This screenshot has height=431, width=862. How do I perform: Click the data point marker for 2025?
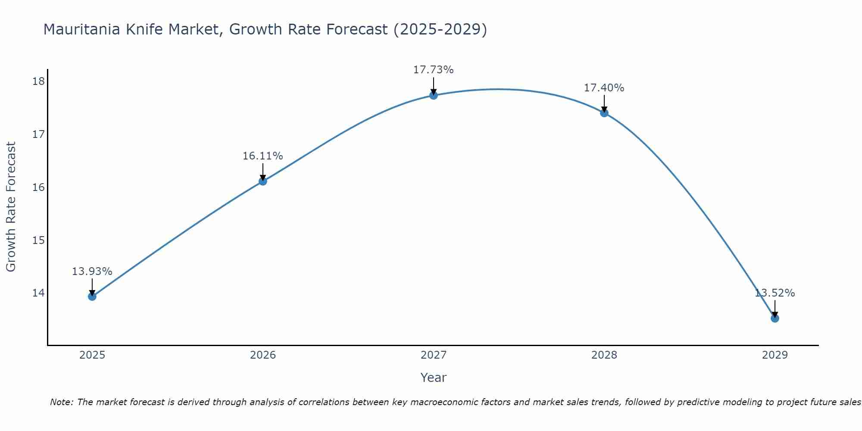click(92, 297)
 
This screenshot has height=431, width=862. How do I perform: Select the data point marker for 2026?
click(263, 181)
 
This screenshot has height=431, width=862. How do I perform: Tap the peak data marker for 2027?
click(434, 95)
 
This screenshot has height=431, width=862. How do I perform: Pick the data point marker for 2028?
click(604, 113)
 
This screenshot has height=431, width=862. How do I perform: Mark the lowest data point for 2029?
click(775, 318)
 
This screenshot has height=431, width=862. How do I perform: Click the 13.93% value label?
click(92, 272)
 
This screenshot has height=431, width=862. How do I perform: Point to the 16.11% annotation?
click(262, 156)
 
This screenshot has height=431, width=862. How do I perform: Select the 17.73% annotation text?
click(433, 70)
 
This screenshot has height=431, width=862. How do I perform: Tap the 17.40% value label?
click(604, 88)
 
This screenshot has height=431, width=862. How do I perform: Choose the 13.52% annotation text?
click(775, 293)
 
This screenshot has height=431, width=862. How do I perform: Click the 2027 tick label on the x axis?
click(434, 355)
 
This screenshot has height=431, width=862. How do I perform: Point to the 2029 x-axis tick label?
click(775, 355)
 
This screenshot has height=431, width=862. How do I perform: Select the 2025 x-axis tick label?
click(92, 355)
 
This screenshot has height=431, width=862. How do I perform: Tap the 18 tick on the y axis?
click(38, 81)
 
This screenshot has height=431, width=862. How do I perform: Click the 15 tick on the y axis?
click(38, 240)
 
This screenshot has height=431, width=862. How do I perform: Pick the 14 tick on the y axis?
click(38, 293)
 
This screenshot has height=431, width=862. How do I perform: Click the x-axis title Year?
click(433, 378)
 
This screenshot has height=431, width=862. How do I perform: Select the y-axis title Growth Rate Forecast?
click(11, 207)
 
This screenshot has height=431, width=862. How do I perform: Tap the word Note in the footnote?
click(61, 403)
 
